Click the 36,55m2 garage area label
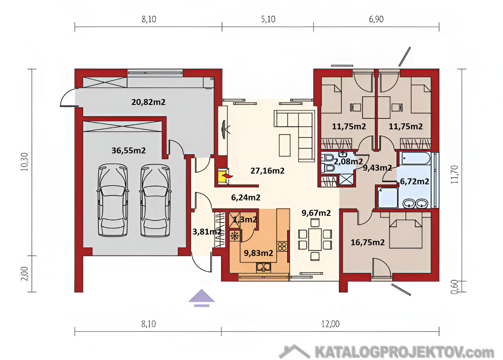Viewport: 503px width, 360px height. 129,150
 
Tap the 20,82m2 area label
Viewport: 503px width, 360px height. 149,102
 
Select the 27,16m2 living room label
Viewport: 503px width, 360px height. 268,171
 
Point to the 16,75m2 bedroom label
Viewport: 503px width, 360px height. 367,242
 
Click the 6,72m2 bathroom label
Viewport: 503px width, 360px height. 415,181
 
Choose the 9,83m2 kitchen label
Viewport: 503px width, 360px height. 259,253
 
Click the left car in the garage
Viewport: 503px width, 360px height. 113,200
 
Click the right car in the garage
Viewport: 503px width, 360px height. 155,200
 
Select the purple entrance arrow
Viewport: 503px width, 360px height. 202,298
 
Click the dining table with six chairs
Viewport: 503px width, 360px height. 315,239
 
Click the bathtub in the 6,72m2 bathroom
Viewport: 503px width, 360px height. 416,158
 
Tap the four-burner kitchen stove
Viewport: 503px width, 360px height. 282,246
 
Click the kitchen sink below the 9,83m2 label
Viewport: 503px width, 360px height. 263,267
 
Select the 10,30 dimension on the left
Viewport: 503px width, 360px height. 24,162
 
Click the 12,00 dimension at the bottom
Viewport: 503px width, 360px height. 330,324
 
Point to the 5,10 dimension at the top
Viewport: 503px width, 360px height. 268,19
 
